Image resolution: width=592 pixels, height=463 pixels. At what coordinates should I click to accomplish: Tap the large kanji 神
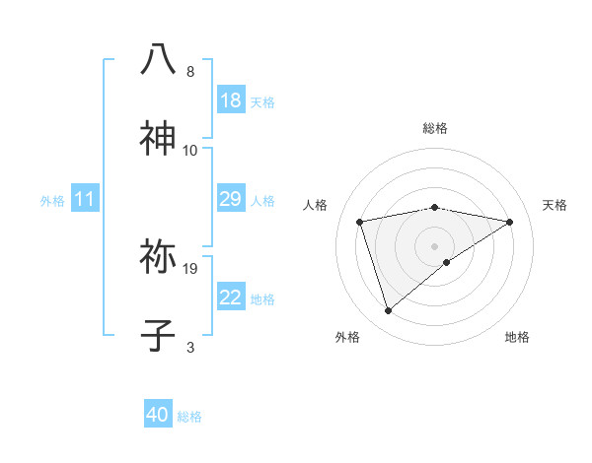coord(159,139)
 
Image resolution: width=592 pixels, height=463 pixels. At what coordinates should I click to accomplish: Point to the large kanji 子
coord(159,335)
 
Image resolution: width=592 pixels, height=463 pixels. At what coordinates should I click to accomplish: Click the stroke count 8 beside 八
coord(190,72)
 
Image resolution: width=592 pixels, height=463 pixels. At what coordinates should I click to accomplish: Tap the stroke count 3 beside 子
coord(190,347)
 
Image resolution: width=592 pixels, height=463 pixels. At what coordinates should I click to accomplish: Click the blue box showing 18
coord(231,100)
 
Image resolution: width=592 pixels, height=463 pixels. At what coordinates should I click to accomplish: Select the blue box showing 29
coord(231,200)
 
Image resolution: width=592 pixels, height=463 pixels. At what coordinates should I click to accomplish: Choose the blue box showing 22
coord(231,298)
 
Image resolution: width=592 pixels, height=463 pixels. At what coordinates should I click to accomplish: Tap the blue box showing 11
coord(85,200)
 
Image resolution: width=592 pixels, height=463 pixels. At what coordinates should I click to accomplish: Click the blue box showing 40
coord(158,415)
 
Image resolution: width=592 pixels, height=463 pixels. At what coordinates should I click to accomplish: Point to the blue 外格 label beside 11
coord(52,201)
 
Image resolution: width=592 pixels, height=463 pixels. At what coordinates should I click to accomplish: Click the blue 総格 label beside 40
coord(189,417)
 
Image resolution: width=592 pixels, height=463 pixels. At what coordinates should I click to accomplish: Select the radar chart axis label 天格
coord(555,205)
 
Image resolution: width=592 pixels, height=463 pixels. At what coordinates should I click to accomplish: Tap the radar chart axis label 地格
coord(517,338)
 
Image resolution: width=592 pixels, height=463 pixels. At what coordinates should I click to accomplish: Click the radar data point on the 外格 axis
coord(388,311)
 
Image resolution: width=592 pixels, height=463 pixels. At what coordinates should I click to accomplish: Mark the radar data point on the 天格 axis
coord(509,222)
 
